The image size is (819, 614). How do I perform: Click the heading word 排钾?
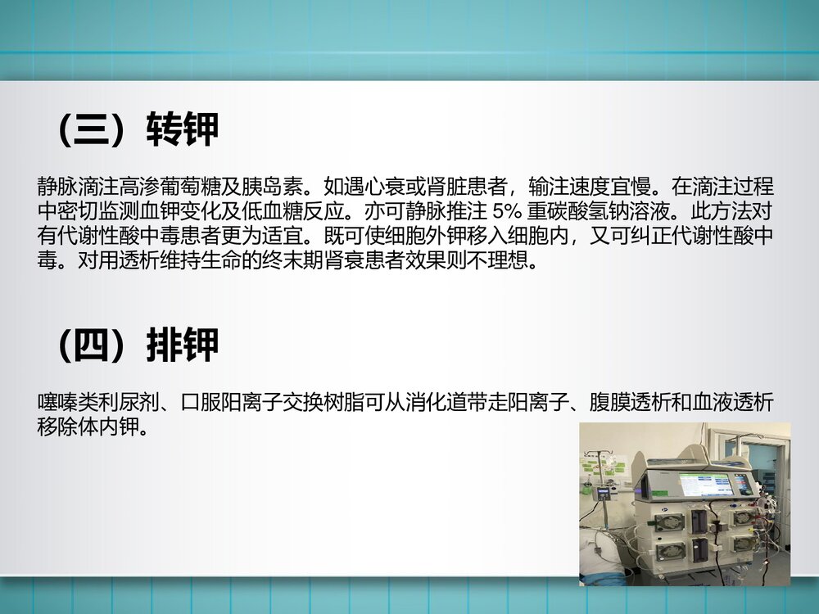point(183,346)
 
